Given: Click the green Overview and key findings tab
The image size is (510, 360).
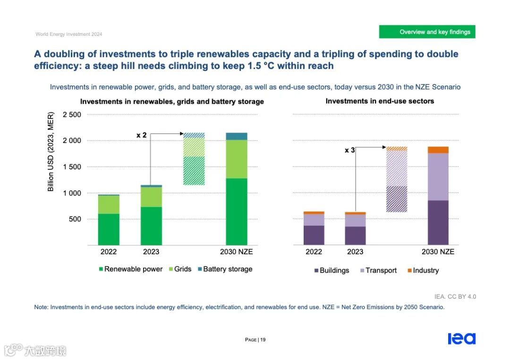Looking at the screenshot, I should pyautogui.click(x=427, y=32).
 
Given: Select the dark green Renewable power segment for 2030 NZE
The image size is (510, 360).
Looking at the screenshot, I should pyautogui.click(x=236, y=211).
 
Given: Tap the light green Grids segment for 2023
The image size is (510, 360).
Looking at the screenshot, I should pyautogui.click(x=151, y=197).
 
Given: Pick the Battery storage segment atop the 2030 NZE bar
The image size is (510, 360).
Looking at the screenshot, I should pyautogui.click(x=236, y=136).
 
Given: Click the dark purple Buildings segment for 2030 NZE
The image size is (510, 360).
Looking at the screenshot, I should pyautogui.click(x=438, y=222).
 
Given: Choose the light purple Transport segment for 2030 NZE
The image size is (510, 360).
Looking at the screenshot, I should pyautogui.click(x=438, y=176).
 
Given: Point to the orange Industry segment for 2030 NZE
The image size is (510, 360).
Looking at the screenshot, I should pyautogui.click(x=438, y=150).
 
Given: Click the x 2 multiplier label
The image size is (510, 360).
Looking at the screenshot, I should pyautogui.click(x=142, y=135).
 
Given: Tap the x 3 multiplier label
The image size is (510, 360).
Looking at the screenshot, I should pyautogui.click(x=349, y=150).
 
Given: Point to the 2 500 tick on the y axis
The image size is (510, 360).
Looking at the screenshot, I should pyautogui.click(x=72, y=115).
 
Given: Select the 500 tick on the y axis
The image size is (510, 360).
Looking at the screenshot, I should pyautogui.click(x=75, y=219).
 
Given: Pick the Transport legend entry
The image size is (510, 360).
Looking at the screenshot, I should pyautogui.click(x=377, y=271).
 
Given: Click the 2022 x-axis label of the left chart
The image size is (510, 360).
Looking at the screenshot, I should pyautogui.click(x=109, y=252).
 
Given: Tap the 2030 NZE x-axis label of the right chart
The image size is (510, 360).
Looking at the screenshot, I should pyautogui.click(x=438, y=252).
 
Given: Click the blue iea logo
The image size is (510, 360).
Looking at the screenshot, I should pyautogui.click(x=461, y=339).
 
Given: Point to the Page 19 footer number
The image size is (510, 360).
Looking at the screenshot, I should pyautogui.click(x=255, y=340).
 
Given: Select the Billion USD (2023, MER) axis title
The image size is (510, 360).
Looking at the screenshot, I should pyautogui.click(x=51, y=151).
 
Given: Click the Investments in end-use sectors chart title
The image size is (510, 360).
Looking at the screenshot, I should pyautogui.click(x=380, y=101).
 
